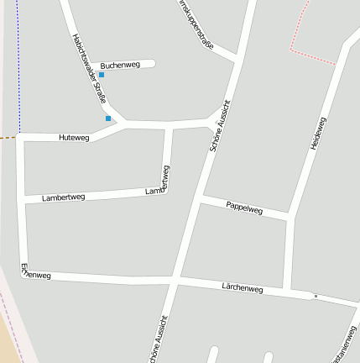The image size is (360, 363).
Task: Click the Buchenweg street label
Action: pos(119,65)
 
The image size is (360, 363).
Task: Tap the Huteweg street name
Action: pos(74,136)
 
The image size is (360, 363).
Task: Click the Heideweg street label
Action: pos(318,134)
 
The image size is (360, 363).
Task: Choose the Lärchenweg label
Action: pos(243,288)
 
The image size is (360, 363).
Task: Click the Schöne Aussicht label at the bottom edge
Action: pos(158,340)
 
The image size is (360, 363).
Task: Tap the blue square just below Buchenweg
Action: pos(102,75)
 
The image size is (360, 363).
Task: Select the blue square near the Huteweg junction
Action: pos(108,118)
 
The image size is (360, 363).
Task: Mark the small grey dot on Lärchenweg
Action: pos(316,296)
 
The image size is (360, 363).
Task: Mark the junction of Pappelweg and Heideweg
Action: pos(289,217)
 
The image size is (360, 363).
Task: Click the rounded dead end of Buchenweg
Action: pos(153,62)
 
